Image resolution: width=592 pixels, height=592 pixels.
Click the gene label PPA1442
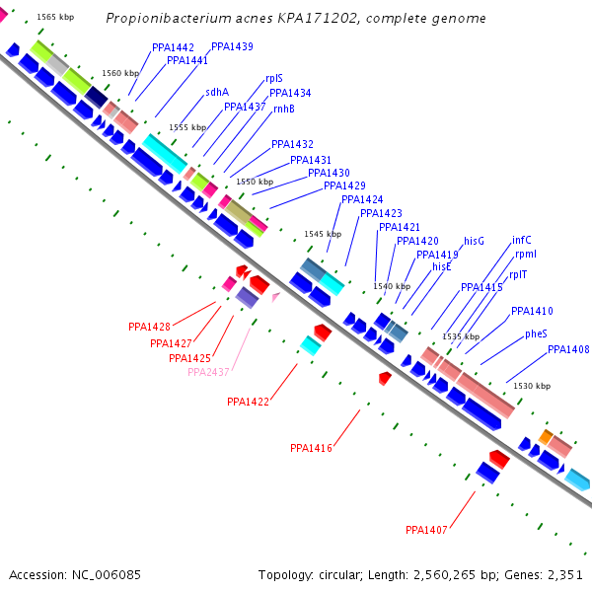point(173,47)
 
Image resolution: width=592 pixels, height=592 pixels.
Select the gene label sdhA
point(216,92)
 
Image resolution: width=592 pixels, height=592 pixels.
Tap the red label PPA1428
point(149,327)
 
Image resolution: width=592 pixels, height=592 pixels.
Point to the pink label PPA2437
point(208,372)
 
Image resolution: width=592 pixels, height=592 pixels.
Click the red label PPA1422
point(248,402)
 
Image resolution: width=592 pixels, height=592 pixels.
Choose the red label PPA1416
point(311,448)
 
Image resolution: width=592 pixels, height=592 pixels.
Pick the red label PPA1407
point(426,530)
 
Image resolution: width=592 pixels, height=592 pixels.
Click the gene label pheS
point(536,333)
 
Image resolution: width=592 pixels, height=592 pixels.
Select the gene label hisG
point(475,240)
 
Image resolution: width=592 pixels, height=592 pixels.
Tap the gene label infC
point(521,240)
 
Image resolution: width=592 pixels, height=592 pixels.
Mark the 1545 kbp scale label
point(322,234)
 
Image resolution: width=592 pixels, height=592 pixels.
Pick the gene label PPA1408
point(568,349)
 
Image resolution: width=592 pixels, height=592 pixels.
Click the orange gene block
point(546,436)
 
